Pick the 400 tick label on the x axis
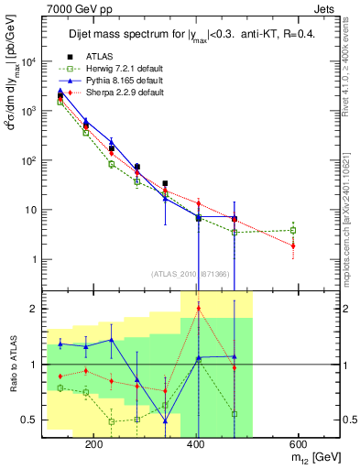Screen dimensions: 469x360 pos(195,442)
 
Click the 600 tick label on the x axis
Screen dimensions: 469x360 pos(297,442)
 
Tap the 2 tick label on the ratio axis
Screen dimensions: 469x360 pos(34,310)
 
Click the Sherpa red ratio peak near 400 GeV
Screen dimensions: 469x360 pos(199,309)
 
